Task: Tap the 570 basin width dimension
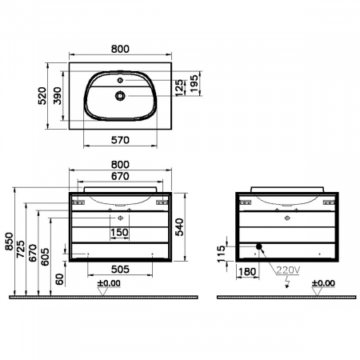[x=120, y=139]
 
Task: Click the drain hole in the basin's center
[x=120, y=95]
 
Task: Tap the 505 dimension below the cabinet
[x=120, y=270]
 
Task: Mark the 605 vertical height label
[x=45, y=254]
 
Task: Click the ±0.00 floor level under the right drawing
[x=324, y=282]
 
